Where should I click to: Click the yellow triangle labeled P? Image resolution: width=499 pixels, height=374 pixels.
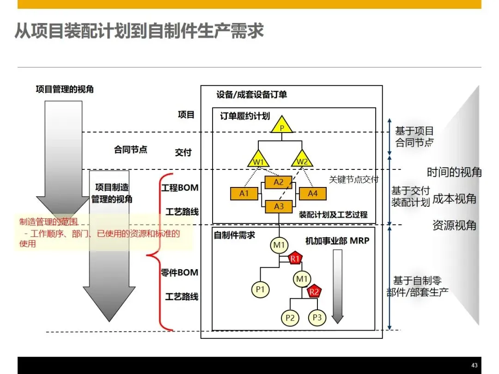pos(281,126)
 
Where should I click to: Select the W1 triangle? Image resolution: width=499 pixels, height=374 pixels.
pos(258,159)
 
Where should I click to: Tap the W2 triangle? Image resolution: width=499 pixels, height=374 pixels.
pos(302,159)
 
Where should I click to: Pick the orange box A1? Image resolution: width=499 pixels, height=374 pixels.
pos(244,193)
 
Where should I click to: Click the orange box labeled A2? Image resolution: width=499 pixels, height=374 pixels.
pos(279,182)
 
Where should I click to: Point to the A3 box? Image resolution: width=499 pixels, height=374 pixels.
pos(279,206)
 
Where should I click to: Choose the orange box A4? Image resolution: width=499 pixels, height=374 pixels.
pos(313,193)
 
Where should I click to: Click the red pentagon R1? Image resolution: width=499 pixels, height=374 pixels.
pos(295,259)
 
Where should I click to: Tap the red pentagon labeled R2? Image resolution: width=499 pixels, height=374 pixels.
pos(314,291)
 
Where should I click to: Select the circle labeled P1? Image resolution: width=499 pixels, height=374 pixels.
pos(260,290)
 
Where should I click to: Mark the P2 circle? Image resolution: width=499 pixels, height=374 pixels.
pos(290,318)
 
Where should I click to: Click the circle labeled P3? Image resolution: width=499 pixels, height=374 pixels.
pos(317,317)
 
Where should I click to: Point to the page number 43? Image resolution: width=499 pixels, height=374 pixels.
pos(474,364)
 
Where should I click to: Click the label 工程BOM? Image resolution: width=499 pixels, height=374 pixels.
pos(180,188)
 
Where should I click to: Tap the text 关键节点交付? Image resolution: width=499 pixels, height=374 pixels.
pos(353,180)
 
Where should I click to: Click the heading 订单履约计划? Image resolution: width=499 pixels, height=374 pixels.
pos(245,116)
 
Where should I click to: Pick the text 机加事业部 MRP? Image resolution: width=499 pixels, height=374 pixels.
pos(337,241)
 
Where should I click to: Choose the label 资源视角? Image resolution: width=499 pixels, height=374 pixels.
pos(454,225)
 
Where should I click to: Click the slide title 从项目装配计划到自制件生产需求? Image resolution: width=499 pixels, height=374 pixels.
pos(139,31)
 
